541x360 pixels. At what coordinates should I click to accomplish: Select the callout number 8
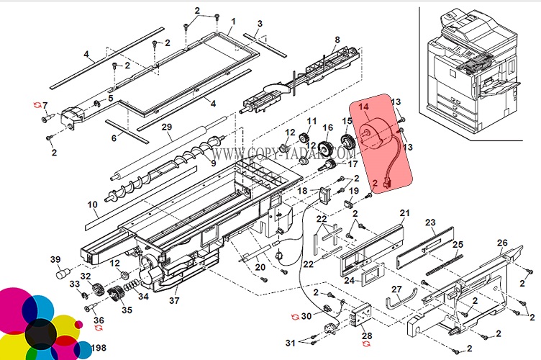337,39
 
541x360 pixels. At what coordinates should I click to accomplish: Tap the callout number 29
166,127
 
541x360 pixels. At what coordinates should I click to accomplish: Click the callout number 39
55,260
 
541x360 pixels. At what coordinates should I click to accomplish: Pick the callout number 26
502,243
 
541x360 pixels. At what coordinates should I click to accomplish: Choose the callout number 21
404,213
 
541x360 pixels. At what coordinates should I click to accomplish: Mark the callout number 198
99,348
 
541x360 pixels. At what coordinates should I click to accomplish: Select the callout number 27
396,289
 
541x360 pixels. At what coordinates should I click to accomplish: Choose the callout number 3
259,24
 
